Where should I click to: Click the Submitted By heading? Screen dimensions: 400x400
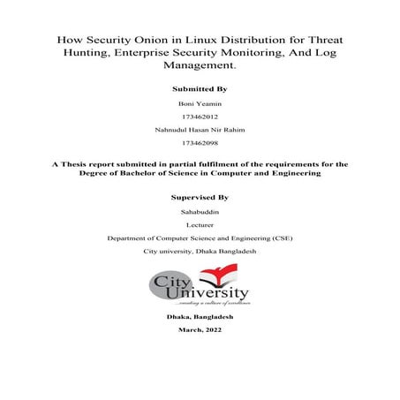click(200, 89)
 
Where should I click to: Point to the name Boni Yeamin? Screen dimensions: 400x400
click(200, 105)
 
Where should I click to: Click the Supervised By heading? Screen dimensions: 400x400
click(200, 198)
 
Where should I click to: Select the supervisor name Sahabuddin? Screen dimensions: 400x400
click(200, 213)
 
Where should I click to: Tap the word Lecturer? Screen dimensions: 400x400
click(200, 225)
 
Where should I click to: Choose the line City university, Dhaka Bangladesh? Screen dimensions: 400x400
click(200, 252)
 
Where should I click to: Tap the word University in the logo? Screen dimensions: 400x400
click(213, 293)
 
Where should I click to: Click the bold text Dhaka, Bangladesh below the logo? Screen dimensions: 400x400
click(200, 316)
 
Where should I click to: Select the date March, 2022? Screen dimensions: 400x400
click(200, 329)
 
